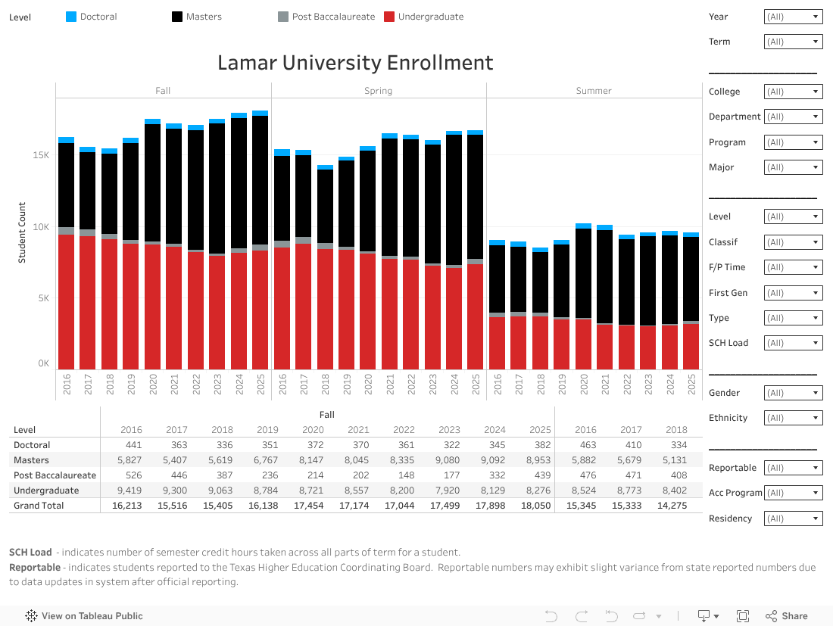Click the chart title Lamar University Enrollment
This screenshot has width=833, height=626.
[x=355, y=62]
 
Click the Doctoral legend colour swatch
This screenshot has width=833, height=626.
[x=72, y=17]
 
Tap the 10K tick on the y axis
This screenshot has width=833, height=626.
[x=40, y=227]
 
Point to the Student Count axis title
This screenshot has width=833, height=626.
[x=22, y=233]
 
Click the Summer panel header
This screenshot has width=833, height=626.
[x=594, y=91]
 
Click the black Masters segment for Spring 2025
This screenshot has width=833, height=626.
[x=475, y=197]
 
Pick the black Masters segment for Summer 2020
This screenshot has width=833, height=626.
[x=583, y=273]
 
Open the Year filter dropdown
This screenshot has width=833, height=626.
[x=793, y=17]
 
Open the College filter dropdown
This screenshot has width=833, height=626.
[x=793, y=92]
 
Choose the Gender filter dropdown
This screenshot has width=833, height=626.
[x=793, y=393]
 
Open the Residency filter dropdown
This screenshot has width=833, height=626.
[x=793, y=519]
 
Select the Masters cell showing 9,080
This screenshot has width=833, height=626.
[x=449, y=460]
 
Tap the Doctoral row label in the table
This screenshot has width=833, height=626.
[x=32, y=445]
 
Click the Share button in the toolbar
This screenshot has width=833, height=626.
[x=787, y=616]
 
